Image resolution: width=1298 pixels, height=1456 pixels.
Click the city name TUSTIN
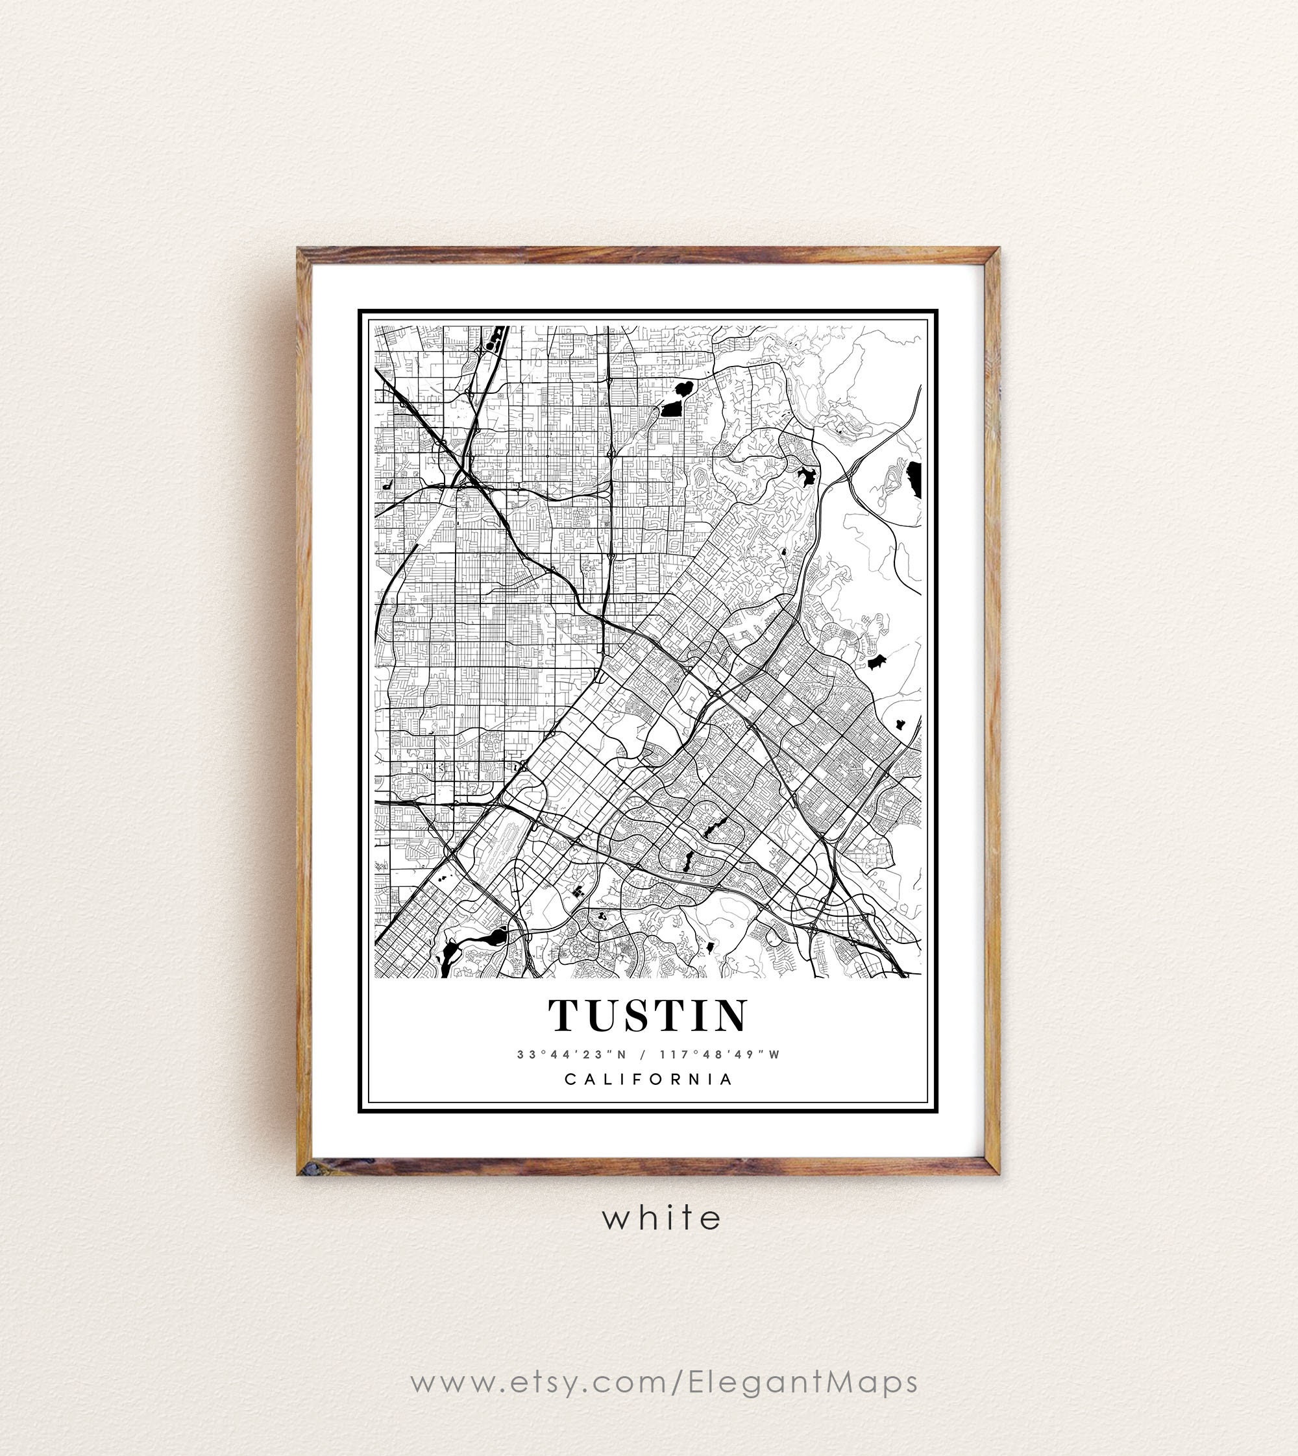coord(648,1015)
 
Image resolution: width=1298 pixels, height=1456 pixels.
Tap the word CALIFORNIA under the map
coord(649,1080)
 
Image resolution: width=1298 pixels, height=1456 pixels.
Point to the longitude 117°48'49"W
coord(720,1054)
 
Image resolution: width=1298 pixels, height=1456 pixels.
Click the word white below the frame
coord(662,1218)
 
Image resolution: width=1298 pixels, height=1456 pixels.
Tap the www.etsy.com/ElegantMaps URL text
coord(664,1382)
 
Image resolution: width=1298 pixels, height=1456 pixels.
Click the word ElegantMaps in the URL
coord(803,1382)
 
